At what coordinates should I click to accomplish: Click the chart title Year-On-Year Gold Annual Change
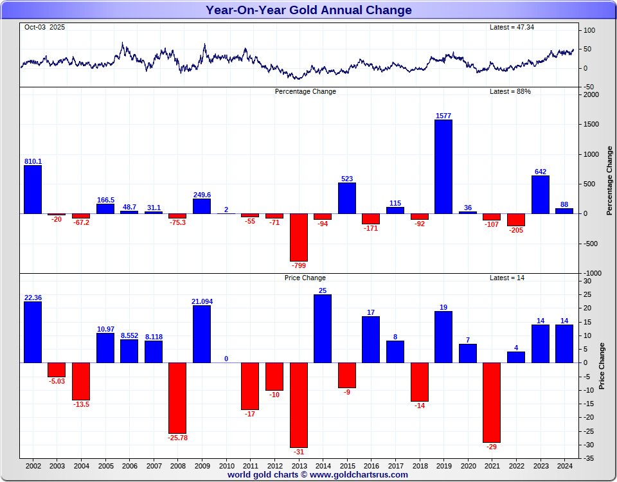(308, 10)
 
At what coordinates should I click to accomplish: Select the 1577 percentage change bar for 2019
(443, 166)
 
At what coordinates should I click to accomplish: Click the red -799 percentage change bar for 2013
(298, 237)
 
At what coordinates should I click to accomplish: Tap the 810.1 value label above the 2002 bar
(33, 161)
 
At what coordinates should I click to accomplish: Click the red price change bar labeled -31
(298, 405)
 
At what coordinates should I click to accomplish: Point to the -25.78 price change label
(177, 438)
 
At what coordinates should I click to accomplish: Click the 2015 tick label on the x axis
(347, 465)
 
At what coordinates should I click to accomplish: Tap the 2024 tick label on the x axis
(564, 465)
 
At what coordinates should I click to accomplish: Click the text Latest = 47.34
(512, 27)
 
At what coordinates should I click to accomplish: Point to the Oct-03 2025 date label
(44, 27)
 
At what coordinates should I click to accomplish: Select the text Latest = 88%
(510, 91)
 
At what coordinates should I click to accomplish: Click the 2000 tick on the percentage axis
(591, 95)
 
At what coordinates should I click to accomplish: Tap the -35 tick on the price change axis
(589, 459)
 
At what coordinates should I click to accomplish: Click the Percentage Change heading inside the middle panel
(305, 91)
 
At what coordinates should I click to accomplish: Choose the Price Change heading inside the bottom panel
(305, 278)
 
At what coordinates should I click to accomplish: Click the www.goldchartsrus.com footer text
(359, 475)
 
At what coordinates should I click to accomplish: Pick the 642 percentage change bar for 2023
(541, 194)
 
